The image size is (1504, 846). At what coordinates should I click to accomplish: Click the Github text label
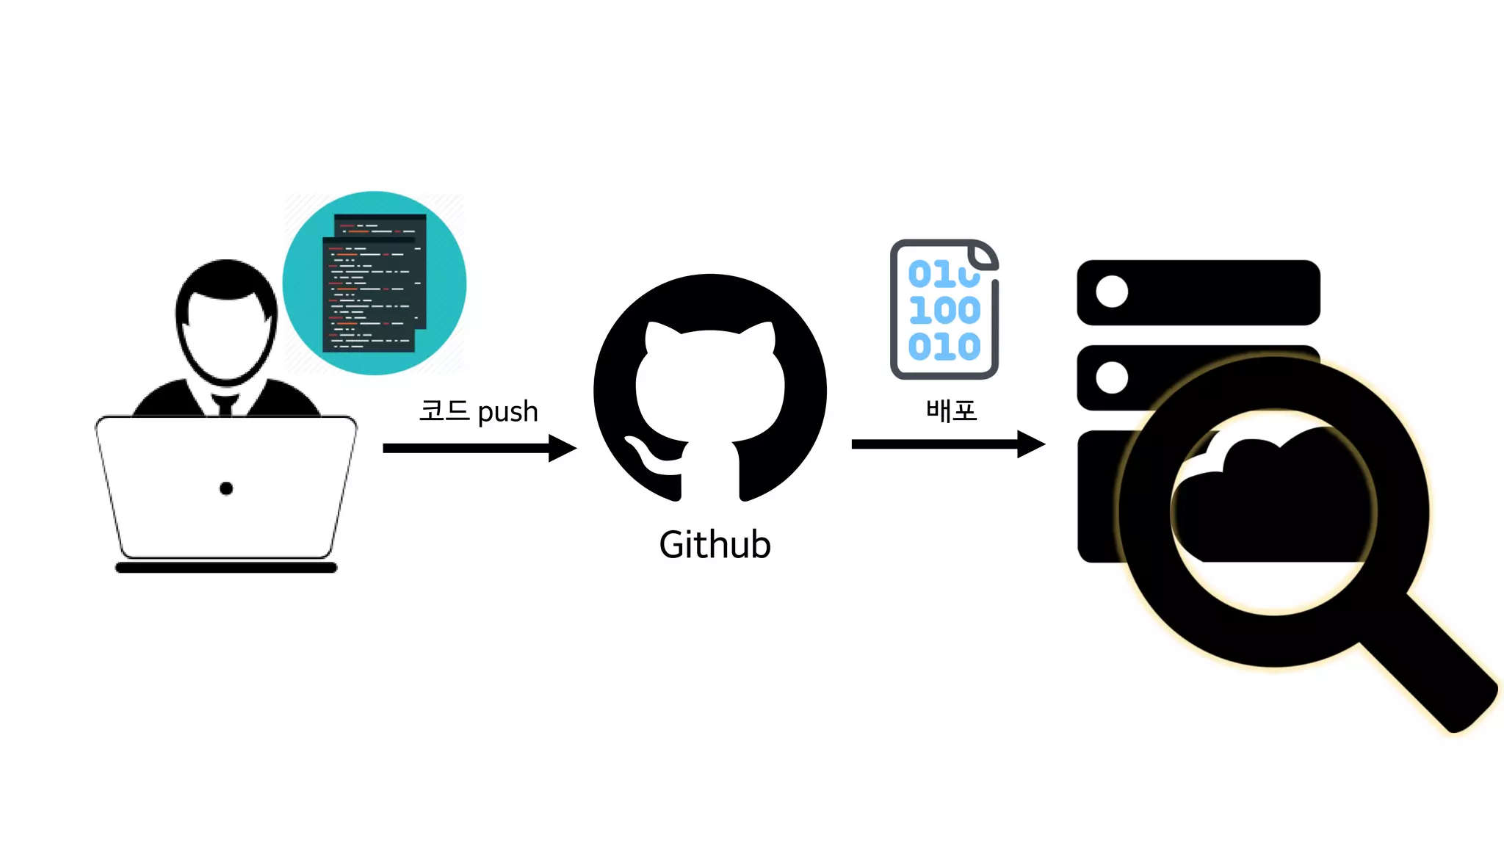(x=715, y=545)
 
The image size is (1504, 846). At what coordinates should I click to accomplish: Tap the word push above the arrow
(x=507, y=413)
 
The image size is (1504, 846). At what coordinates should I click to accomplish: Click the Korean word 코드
(x=444, y=410)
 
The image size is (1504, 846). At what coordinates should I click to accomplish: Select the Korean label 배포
(x=951, y=411)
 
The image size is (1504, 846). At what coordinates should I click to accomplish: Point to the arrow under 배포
(x=947, y=444)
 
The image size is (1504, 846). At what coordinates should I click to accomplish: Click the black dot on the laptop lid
(x=226, y=488)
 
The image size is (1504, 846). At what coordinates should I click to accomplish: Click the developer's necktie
(x=225, y=405)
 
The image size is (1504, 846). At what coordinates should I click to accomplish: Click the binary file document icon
(x=944, y=309)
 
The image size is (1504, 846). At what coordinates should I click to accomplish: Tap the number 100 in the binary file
(x=944, y=311)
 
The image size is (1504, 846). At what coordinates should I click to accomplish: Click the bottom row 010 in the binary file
(x=944, y=347)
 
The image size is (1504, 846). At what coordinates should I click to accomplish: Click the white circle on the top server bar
(x=1112, y=292)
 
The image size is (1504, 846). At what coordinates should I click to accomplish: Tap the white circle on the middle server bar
(x=1112, y=377)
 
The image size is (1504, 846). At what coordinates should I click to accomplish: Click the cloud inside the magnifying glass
(x=1270, y=499)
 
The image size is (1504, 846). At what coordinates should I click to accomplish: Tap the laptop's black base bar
(x=226, y=568)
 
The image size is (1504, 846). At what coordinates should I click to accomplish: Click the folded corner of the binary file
(x=983, y=256)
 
